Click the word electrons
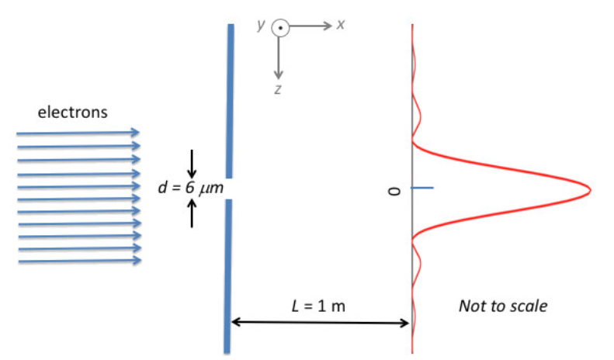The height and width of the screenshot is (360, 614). [73, 112]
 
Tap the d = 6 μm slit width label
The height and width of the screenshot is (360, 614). [184, 188]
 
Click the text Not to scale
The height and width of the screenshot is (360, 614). [502, 306]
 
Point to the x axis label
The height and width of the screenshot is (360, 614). [341, 25]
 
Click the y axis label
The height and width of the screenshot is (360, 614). [262, 25]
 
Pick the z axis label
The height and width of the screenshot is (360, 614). [277, 89]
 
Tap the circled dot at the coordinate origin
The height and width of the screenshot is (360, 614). [279, 29]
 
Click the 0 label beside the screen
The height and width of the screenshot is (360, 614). [394, 189]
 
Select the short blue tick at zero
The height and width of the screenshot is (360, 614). [421, 189]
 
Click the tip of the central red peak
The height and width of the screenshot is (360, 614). [590, 190]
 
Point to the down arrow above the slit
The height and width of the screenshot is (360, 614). [193, 162]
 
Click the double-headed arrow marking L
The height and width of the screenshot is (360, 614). [321, 322]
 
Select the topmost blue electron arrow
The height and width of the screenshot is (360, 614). [78, 133]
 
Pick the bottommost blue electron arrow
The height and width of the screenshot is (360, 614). [78, 261]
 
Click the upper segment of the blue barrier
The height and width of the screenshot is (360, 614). [231, 101]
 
